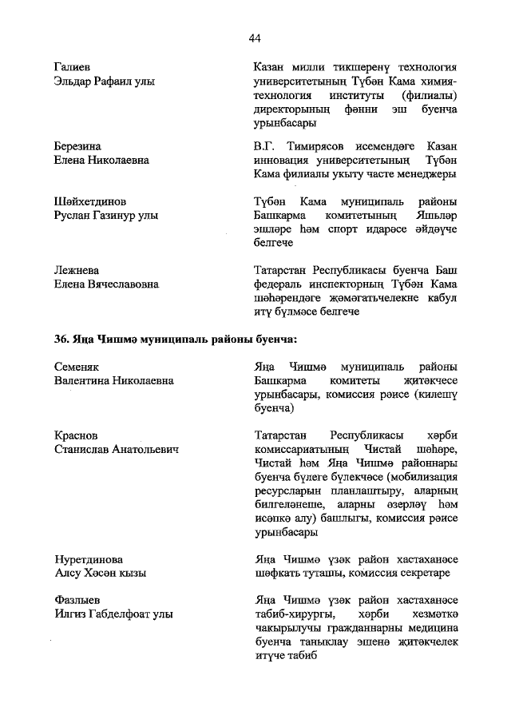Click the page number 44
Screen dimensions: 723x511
(x=255, y=38)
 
